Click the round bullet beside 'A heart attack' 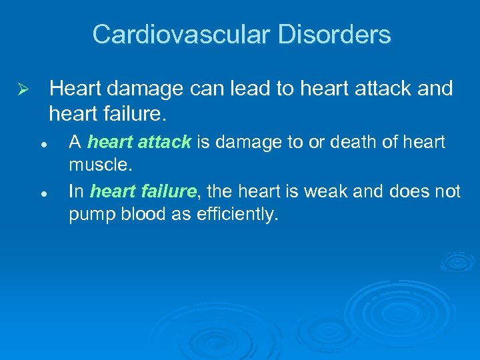tap(42, 143)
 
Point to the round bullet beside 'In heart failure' tap(42, 193)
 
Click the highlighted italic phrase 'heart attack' tap(139, 142)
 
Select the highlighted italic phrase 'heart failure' tap(143, 192)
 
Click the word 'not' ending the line tap(446, 192)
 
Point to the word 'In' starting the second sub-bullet tap(76, 192)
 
